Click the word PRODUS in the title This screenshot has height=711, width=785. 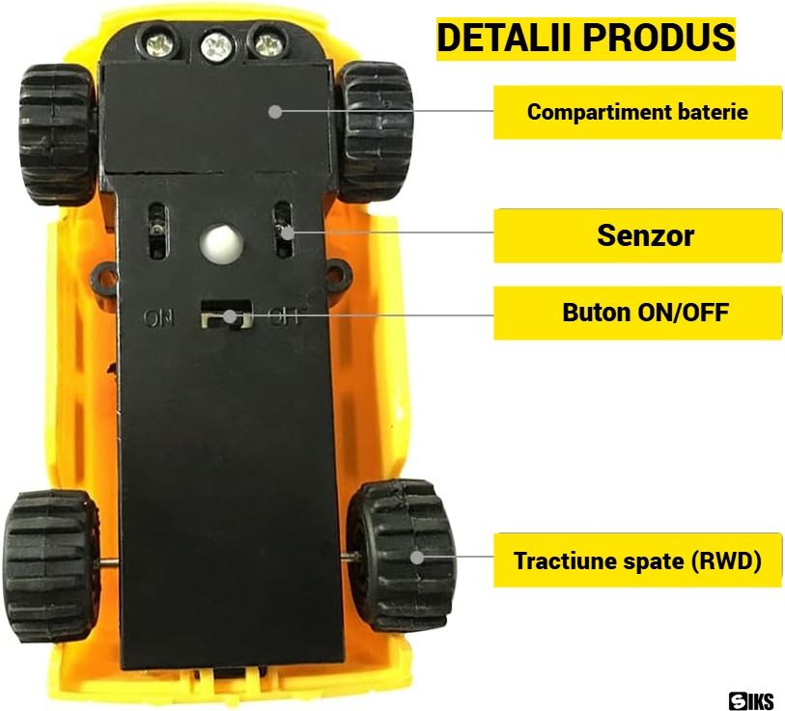pos(659,38)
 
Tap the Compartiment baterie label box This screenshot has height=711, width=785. pos(637,112)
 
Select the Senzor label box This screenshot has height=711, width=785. pos(637,235)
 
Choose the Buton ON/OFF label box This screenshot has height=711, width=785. pos(637,313)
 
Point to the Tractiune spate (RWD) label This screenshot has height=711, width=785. pos(637,561)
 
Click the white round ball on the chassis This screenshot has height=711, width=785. pos(222,244)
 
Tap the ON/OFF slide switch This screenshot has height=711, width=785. pos(226,314)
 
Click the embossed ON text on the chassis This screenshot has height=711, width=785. pos(158,317)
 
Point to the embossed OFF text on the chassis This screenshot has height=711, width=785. pos(284,316)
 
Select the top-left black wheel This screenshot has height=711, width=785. pos(57,133)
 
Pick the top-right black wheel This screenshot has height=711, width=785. pos(376,131)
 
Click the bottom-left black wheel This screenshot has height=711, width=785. pos(51,565)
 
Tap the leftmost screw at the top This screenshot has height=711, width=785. pos(159,42)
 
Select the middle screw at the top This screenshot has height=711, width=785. pos(216,45)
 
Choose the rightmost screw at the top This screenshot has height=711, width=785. pos(268,42)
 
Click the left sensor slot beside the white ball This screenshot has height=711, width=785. pos(157,230)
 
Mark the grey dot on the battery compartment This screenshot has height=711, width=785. pos(275,112)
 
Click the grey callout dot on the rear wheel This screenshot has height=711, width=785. pos(417,557)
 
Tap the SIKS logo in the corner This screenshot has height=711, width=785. pos(751,700)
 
